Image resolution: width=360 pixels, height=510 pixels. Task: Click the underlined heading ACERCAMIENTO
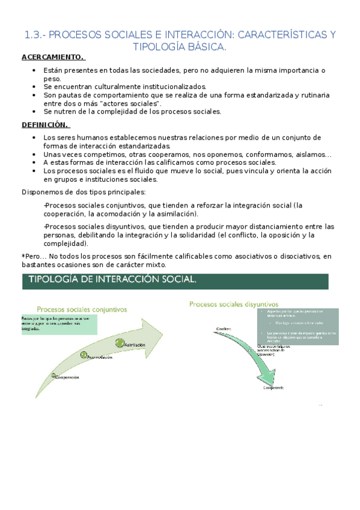click(x=53, y=58)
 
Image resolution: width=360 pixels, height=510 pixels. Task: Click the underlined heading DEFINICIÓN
click(x=46, y=125)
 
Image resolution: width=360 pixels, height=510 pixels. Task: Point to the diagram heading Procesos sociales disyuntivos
click(x=225, y=304)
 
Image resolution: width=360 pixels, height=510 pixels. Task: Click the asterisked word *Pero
click(x=33, y=257)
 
